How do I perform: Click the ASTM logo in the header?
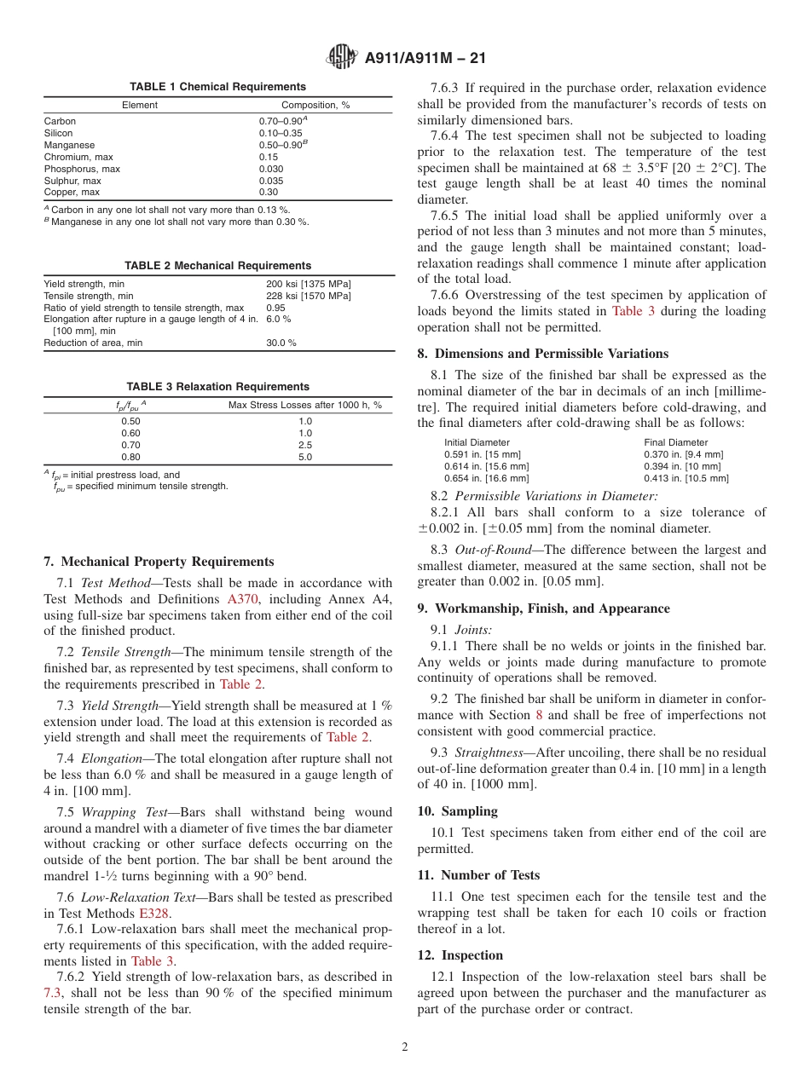point(343,58)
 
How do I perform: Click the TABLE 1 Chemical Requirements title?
point(217,87)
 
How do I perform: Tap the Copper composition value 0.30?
point(269,193)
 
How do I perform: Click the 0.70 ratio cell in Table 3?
point(130,445)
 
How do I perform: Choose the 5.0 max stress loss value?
point(305,457)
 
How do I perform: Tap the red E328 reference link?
point(154,914)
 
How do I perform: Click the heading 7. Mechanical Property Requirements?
point(159,562)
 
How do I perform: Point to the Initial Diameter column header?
point(477,442)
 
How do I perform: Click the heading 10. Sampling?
point(457,811)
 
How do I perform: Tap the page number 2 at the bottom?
point(405,1047)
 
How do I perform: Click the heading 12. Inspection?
point(460,955)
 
